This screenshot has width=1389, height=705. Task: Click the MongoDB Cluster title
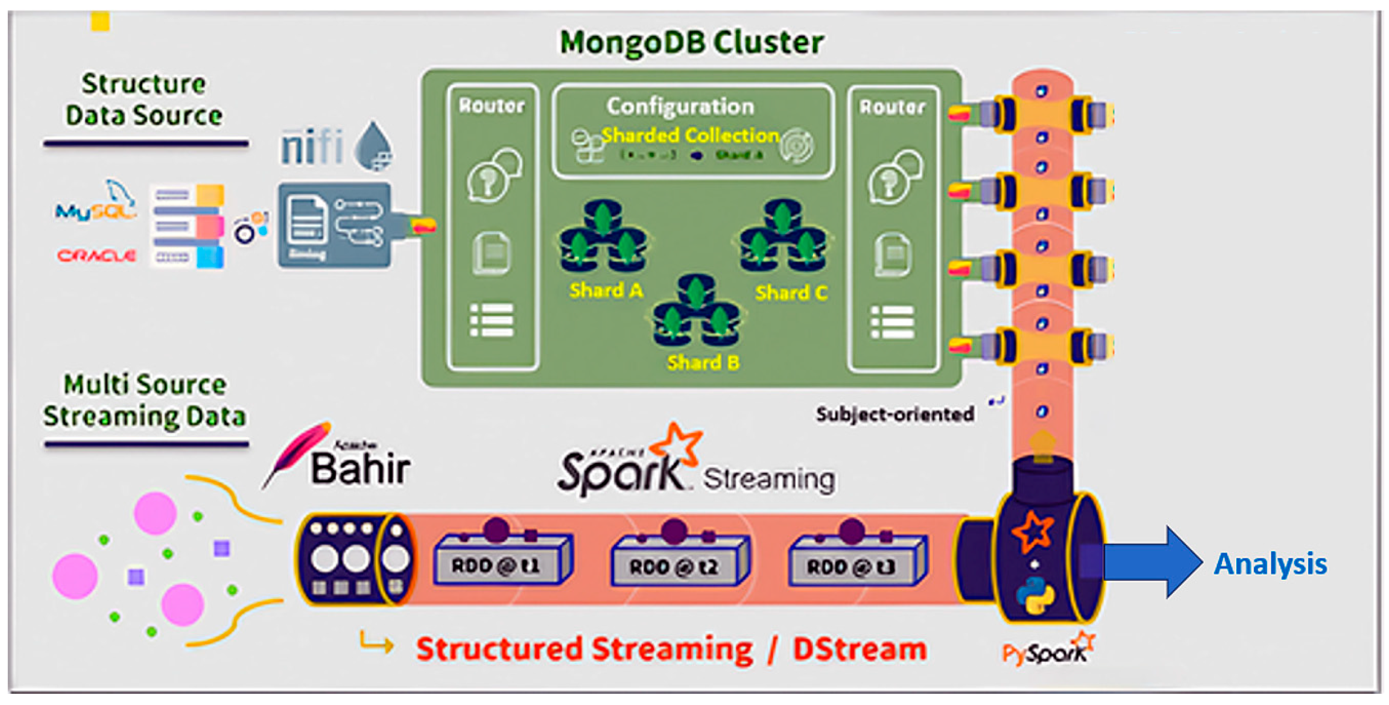coord(692,42)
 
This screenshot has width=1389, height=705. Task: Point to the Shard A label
coord(606,291)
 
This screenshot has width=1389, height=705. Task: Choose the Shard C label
coord(791,293)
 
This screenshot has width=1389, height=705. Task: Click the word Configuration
coord(680,106)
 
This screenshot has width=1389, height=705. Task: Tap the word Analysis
coord(1270,564)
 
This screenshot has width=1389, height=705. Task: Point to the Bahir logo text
coord(360,468)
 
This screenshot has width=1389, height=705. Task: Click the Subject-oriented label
coord(895,414)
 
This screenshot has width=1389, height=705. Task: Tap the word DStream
coord(860,649)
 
